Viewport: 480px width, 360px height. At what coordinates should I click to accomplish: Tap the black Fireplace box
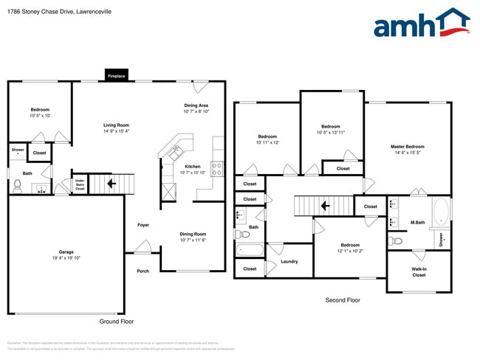(117, 76)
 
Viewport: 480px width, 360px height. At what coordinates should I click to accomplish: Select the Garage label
(66, 252)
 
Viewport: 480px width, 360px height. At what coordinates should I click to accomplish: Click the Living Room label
(117, 125)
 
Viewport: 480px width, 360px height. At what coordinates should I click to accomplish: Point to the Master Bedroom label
(407, 147)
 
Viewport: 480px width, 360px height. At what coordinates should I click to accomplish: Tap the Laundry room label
(289, 261)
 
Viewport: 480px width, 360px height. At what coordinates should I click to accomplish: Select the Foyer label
(143, 225)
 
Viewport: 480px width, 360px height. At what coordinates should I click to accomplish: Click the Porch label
(143, 271)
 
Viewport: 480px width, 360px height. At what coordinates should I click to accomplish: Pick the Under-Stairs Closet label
(80, 184)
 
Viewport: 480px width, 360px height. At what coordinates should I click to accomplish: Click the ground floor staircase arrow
(113, 183)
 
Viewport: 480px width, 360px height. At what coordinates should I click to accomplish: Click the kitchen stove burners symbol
(217, 169)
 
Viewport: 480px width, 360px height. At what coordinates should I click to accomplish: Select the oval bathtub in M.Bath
(441, 212)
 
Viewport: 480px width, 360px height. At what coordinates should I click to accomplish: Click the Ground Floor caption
(116, 322)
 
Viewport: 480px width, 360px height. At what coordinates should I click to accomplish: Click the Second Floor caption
(343, 300)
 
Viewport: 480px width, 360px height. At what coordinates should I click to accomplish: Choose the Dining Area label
(196, 105)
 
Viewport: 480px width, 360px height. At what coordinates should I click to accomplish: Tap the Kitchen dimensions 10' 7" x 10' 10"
(192, 173)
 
